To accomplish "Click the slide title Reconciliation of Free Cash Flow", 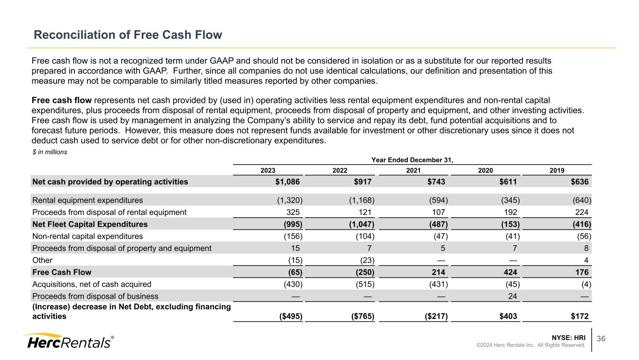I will [x=127, y=35].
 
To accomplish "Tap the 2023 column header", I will [x=268, y=171].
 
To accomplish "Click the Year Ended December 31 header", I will [x=412, y=160].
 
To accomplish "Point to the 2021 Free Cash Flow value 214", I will [x=440, y=272].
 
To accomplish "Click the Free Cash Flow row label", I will [x=62, y=272].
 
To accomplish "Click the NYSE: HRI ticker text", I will [x=568, y=337].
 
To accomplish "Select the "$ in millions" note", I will [x=50, y=152].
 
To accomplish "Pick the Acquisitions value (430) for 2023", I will [x=291, y=284].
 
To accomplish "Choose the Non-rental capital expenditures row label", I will [x=88, y=236].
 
